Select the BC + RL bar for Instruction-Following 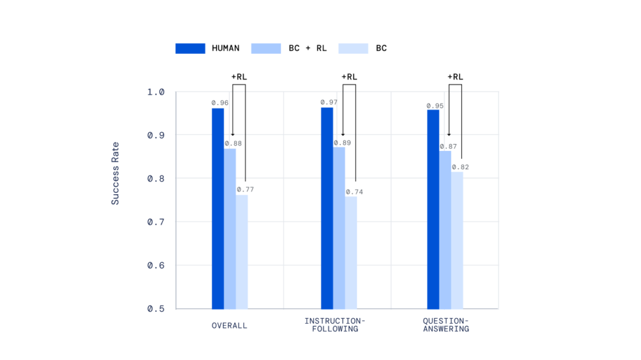pyautogui.click(x=339, y=228)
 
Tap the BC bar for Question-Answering pyautogui.click(x=457, y=240)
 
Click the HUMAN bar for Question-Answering pyautogui.click(x=433, y=209)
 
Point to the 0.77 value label pyautogui.click(x=245, y=189)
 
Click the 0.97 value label pyautogui.click(x=328, y=102)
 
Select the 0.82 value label pyautogui.click(x=460, y=167)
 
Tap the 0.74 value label pyautogui.click(x=354, y=192)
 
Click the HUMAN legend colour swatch pyautogui.click(x=190, y=48)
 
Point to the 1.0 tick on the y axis pyautogui.click(x=156, y=92)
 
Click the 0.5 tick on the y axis pyautogui.click(x=156, y=309)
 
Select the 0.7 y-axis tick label pyautogui.click(x=156, y=222)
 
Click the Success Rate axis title pyautogui.click(x=115, y=173)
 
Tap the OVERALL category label pyautogui.click(x=229, y=326)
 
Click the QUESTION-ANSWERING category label pyautogui.click(x=446, y=325)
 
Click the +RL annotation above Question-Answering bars pyautogui.click(x=455, y=77)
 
